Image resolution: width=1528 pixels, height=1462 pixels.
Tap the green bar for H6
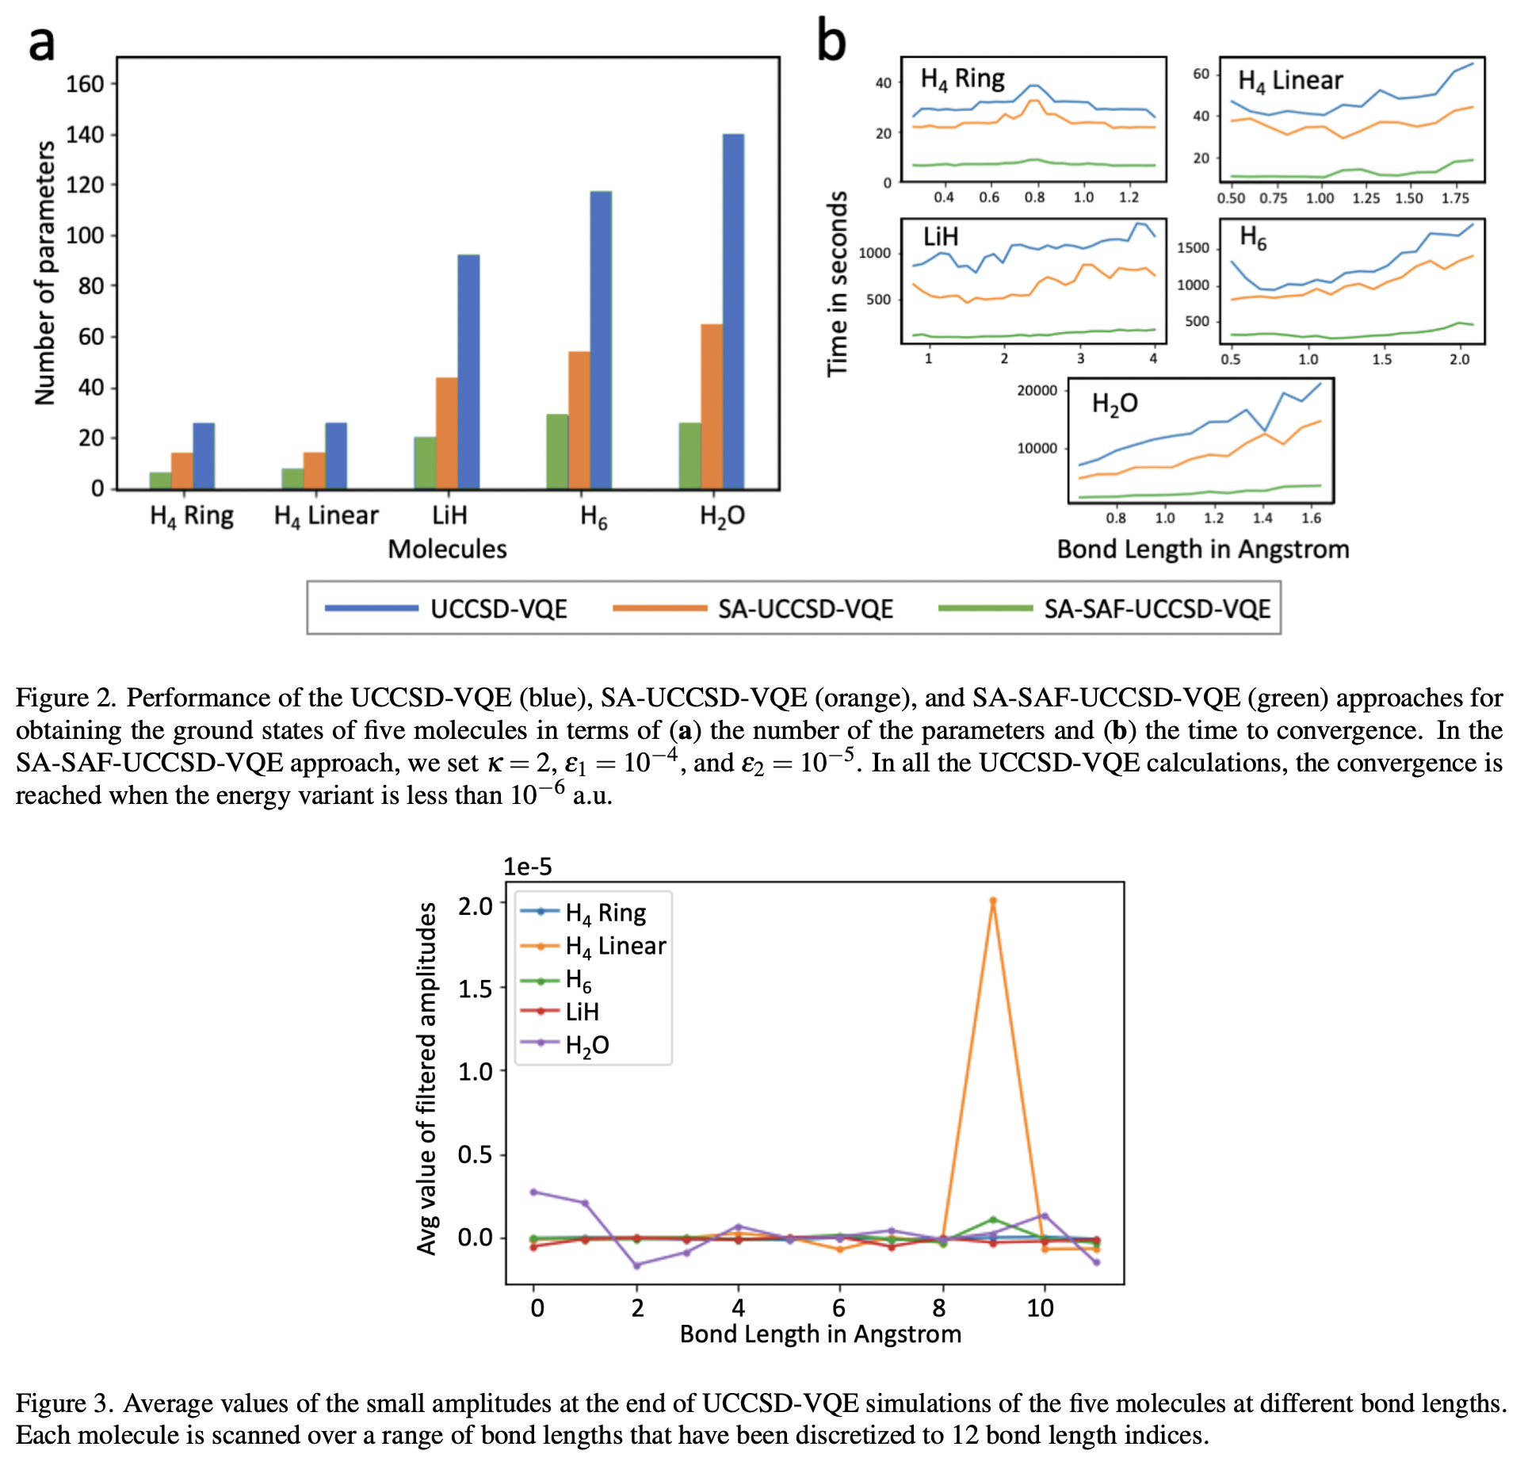tap(557, 451)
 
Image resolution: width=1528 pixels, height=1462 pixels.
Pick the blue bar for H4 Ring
tap(204, 456)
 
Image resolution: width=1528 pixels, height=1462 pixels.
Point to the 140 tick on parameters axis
tap(85, 135)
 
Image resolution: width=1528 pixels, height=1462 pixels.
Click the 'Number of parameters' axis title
tap(45, 274)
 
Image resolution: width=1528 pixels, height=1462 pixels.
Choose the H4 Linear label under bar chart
tap(326, 516)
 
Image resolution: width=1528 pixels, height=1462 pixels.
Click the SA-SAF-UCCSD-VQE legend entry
tap(1156, 609)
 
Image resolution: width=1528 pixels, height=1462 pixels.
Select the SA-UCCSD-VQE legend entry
tap(805, 609)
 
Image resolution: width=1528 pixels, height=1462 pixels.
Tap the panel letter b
tap(831, 41)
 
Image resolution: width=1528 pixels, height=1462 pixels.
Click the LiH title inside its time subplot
tap(941, 236)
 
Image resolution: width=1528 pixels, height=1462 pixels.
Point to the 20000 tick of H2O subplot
tap(1037, 390)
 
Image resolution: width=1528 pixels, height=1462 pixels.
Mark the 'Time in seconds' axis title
tap(837, 284)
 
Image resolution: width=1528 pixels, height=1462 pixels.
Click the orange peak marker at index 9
tap(992, 901)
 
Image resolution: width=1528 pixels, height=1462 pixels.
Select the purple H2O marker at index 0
tap(533, 1192)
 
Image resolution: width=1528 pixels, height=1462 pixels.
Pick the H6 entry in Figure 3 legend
tap(579, 981)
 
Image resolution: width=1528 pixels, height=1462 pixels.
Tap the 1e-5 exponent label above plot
tap(527, 867)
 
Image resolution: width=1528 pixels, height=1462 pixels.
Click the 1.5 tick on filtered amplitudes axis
tap(476, 989)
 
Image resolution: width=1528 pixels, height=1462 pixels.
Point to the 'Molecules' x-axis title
tap(447, 549)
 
